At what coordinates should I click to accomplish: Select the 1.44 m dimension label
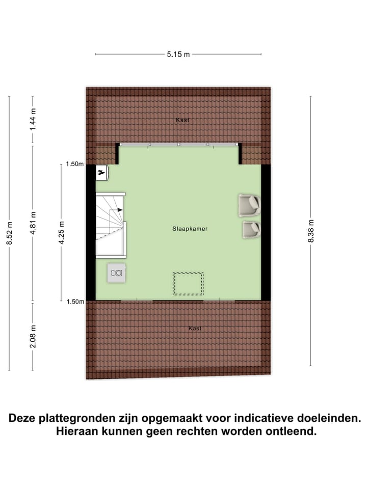tap(33, 119)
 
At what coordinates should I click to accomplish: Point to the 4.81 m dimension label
tap(33, 223)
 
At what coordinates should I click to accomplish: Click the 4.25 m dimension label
tap(62, 233)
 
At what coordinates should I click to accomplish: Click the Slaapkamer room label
tap(190, 229)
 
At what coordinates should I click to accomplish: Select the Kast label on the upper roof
tap(182, 120)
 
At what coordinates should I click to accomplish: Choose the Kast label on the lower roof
tap(195, 329)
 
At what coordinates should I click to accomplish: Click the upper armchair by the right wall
tap(249, 205)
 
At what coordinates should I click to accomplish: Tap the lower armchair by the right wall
tap(251, 229)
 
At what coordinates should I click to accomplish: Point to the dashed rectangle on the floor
tap(188, 284)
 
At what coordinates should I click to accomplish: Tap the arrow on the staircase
tap(119, 209)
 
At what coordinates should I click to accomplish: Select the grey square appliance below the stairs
tap(117, 273)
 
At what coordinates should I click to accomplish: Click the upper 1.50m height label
tap(74, 164)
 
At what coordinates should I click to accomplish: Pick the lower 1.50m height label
tap(74, 302)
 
